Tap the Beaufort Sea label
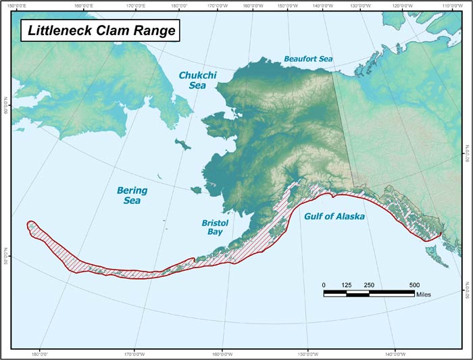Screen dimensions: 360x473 [x=308, y=59]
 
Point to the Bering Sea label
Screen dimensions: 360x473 [x=131, y=195]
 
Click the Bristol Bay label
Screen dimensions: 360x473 [x=215, y=227]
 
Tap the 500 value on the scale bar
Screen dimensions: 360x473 [x=414, y=285]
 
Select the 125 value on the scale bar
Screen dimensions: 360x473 [x=347, y=285]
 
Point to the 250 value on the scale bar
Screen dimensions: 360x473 [x=369, y=285]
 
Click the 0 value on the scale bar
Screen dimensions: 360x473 [x=324, y=285]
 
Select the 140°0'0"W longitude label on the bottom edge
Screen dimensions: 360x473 [x=395, y=354]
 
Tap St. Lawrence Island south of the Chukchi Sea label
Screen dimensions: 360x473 [x=182, y=144]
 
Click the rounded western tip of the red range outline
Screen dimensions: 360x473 [x=29, y=226]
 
